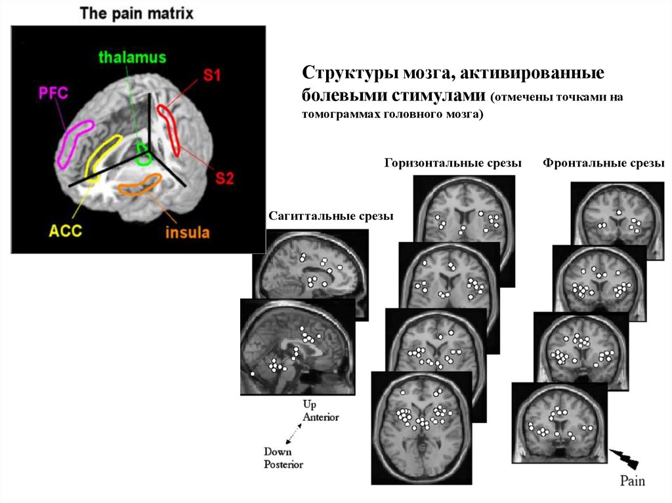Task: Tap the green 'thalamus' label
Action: point(132,58)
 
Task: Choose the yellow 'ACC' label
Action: point(65,231)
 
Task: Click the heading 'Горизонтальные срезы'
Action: point(453,163)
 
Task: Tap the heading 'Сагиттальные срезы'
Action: point(331,216)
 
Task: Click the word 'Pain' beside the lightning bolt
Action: point(633,481)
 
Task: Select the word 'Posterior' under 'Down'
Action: point(283,464)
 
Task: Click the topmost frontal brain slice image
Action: point(617,216)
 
